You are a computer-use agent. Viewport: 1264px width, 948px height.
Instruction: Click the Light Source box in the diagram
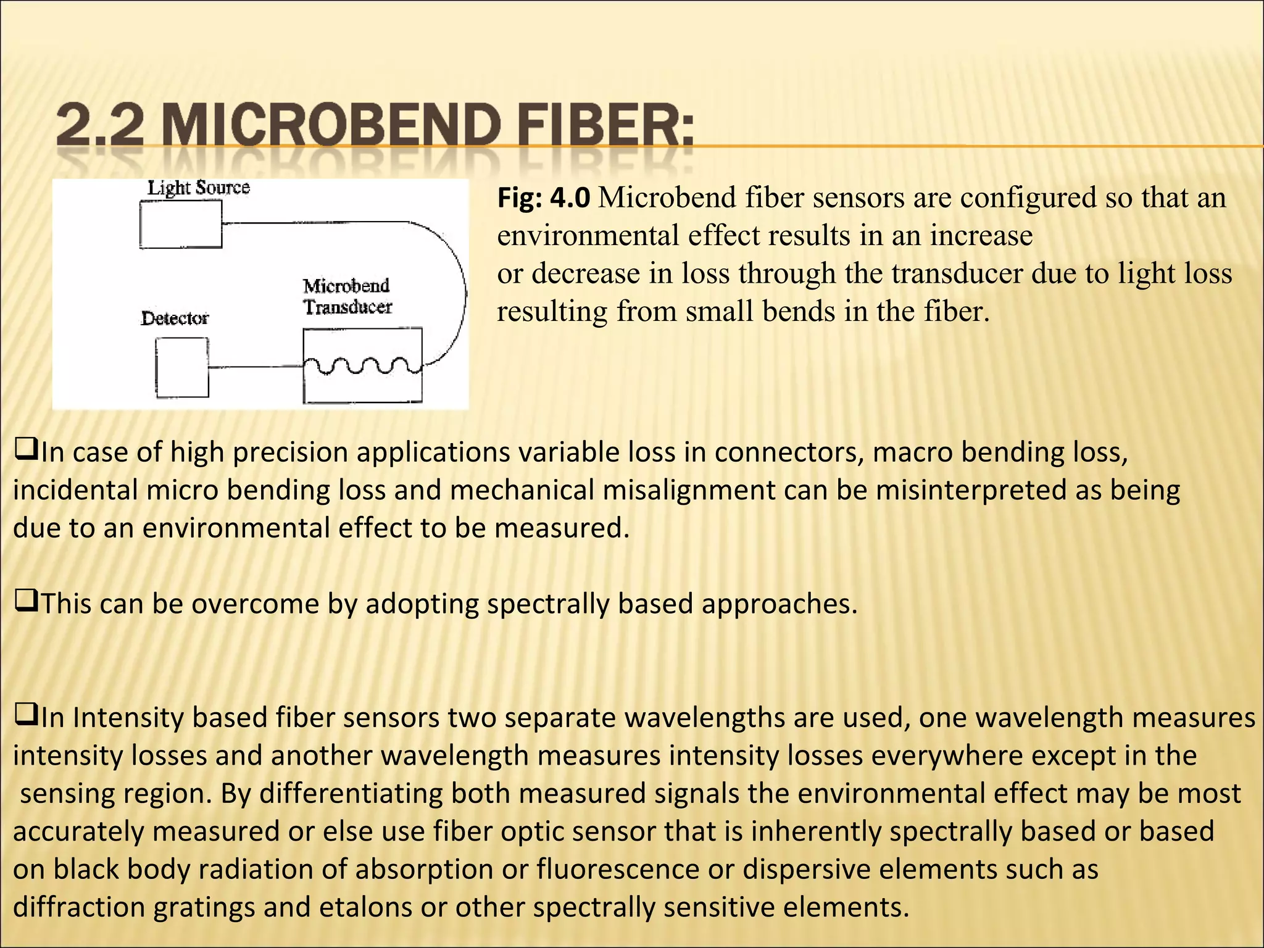(180, 225)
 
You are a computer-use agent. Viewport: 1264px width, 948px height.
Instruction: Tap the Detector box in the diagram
(181, 368)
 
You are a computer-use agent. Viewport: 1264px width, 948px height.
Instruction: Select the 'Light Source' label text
(198, 188)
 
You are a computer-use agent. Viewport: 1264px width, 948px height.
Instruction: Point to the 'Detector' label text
(175, 318)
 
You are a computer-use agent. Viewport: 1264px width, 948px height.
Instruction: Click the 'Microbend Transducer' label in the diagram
(347, 297)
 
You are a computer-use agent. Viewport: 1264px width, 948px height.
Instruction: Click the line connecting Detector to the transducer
(255, 367)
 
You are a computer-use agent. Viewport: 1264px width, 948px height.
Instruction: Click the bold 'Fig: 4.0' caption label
(544, 198)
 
